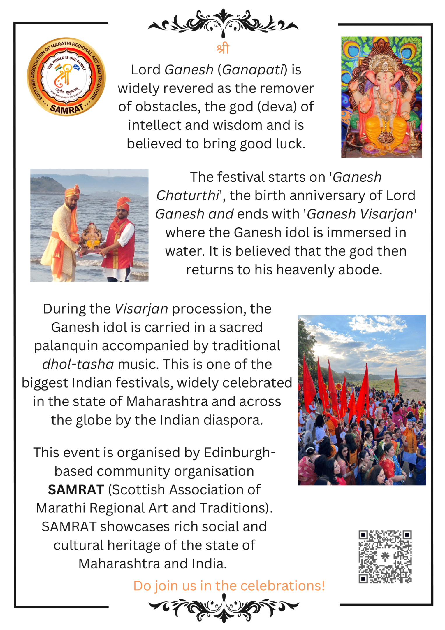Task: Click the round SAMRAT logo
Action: (66, 77)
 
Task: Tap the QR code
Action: (385, 556)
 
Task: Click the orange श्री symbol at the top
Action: (223, 48)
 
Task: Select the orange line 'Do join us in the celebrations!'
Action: (229, 586)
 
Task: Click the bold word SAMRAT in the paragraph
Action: (76, 490)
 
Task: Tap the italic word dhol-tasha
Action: (78, 365)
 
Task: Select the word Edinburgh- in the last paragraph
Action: (240, 453)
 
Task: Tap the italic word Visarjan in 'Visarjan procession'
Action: (141, 309)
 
